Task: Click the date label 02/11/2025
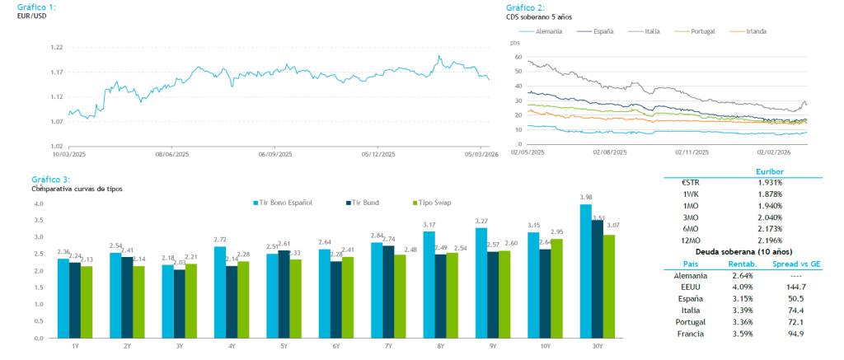pyautogui.click(x=691, y=152)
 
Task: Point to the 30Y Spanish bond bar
pyautogui.click(x=586, y=271)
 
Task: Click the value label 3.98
pyautogui.click(x=586, y=198)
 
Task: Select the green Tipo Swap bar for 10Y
pyautogui.click(x=557, y=288)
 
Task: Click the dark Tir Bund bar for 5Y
pyautogui.click(x=283, y=294)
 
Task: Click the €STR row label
pyautogui.click(x=691, y=181)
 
